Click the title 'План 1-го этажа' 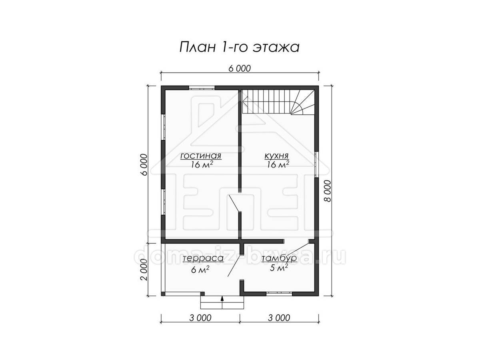(239, 47)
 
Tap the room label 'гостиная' (201, 156)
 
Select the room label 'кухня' (276, 156)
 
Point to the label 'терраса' (203, 258)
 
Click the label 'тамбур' (279, 258)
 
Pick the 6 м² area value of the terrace (200, 270)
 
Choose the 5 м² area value (278, 268)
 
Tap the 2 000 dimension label (144, 270)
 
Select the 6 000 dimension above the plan (240, 68)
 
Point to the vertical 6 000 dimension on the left (144, 165)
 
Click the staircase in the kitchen (278, 102)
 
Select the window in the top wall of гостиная (202, 88)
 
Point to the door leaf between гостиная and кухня (234, 203)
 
